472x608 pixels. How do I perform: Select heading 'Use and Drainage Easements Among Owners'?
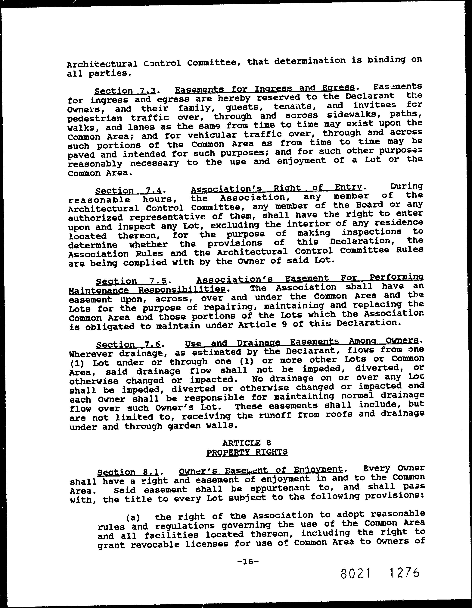302,342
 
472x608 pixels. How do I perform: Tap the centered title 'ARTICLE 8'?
247,443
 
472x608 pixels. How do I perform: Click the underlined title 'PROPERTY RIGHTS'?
247,452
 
